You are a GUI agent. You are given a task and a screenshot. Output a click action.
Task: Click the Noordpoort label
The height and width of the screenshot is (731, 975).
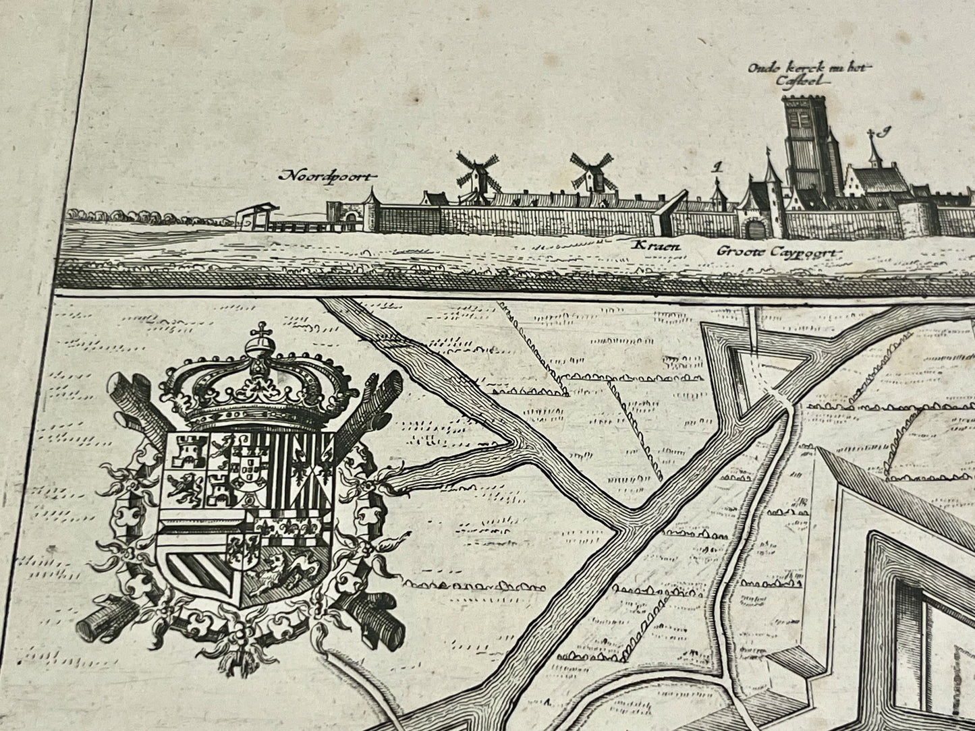(x=328, y=177)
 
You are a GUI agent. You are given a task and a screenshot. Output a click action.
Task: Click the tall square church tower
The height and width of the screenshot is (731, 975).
(x=804, y=145)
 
